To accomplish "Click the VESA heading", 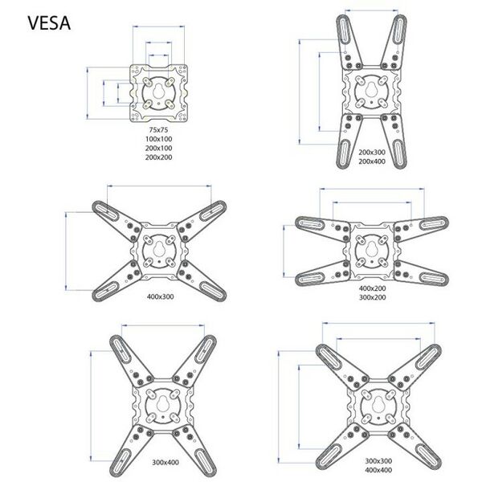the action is [x=49, y=23].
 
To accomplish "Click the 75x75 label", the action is [x=158, y=129].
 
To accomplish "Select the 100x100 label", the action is [x=158, y=139].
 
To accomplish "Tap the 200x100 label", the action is [x=158, y=148].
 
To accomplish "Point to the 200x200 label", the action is [x=158, y=157].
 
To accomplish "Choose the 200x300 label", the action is [x=372, y=152].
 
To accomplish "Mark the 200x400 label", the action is [x=372, y=161].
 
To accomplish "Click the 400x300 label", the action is [x=160, y=297].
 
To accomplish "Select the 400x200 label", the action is [x=372, y=288].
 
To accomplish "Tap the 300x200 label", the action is [x=372, y=297].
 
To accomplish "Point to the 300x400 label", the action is [x=165, y=463].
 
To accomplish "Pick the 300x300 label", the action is [x=378, y=461].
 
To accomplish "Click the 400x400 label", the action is [x=378, y=470].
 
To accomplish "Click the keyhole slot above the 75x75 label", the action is [x=159, y=91].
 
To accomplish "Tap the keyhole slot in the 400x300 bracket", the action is [x=159, y=248].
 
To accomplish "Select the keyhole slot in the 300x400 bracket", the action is [x=162, y=403].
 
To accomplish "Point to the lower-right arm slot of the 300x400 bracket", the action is [x=203, y=462].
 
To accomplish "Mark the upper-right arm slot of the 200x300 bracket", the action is [x=398, y=30].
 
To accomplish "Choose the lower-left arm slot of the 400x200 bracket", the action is [x=310, y=279].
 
